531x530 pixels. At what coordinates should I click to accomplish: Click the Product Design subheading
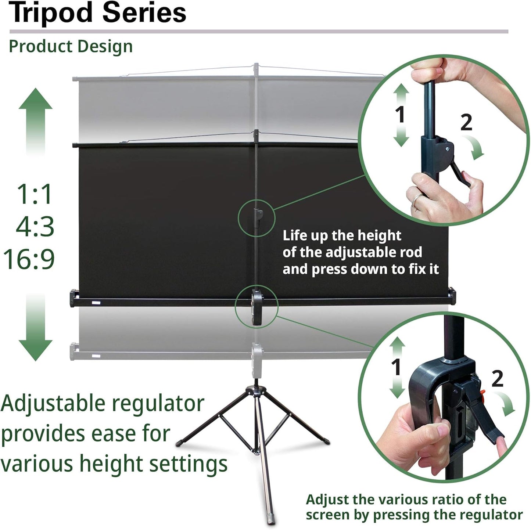71,47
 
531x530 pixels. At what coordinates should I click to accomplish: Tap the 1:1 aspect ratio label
35,194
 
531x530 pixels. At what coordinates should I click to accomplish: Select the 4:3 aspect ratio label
35,226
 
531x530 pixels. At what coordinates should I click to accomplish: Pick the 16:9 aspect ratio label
29,259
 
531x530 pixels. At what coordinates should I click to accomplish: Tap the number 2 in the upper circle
466,122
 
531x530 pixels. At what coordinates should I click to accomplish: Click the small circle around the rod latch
256,218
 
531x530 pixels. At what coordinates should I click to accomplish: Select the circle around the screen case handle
256,306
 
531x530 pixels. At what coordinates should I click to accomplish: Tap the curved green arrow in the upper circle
475,147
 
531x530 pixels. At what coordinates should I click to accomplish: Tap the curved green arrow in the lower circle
506,404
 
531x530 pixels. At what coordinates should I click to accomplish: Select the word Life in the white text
295,235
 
